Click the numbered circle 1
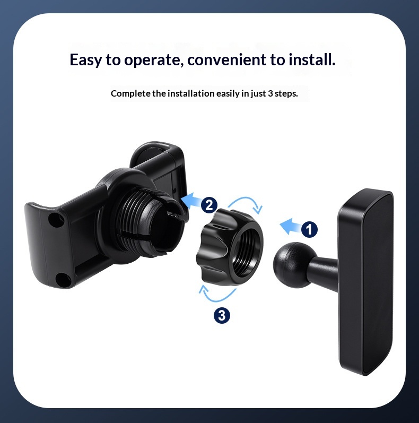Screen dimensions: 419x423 (x=309, y=230)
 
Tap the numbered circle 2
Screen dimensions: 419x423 (x=209, y=205)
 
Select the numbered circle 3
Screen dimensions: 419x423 (x=222, y=315)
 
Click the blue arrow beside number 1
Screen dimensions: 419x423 (x=290, y=226)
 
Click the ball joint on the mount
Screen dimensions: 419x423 (x=295, y=265)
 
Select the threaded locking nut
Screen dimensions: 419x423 (x=229, y=247)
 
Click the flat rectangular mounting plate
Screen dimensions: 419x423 (x=366, y=282)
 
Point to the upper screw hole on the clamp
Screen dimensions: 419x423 (x=56, y=220)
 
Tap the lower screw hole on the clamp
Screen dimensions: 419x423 (x=64, y=281)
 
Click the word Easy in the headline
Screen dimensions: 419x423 (x=85, y=60)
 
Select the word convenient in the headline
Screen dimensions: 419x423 (x=226, y=59)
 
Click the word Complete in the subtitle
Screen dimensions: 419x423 (x=130, y=93)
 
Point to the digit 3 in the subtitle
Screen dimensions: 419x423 (x=270, y=93)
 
